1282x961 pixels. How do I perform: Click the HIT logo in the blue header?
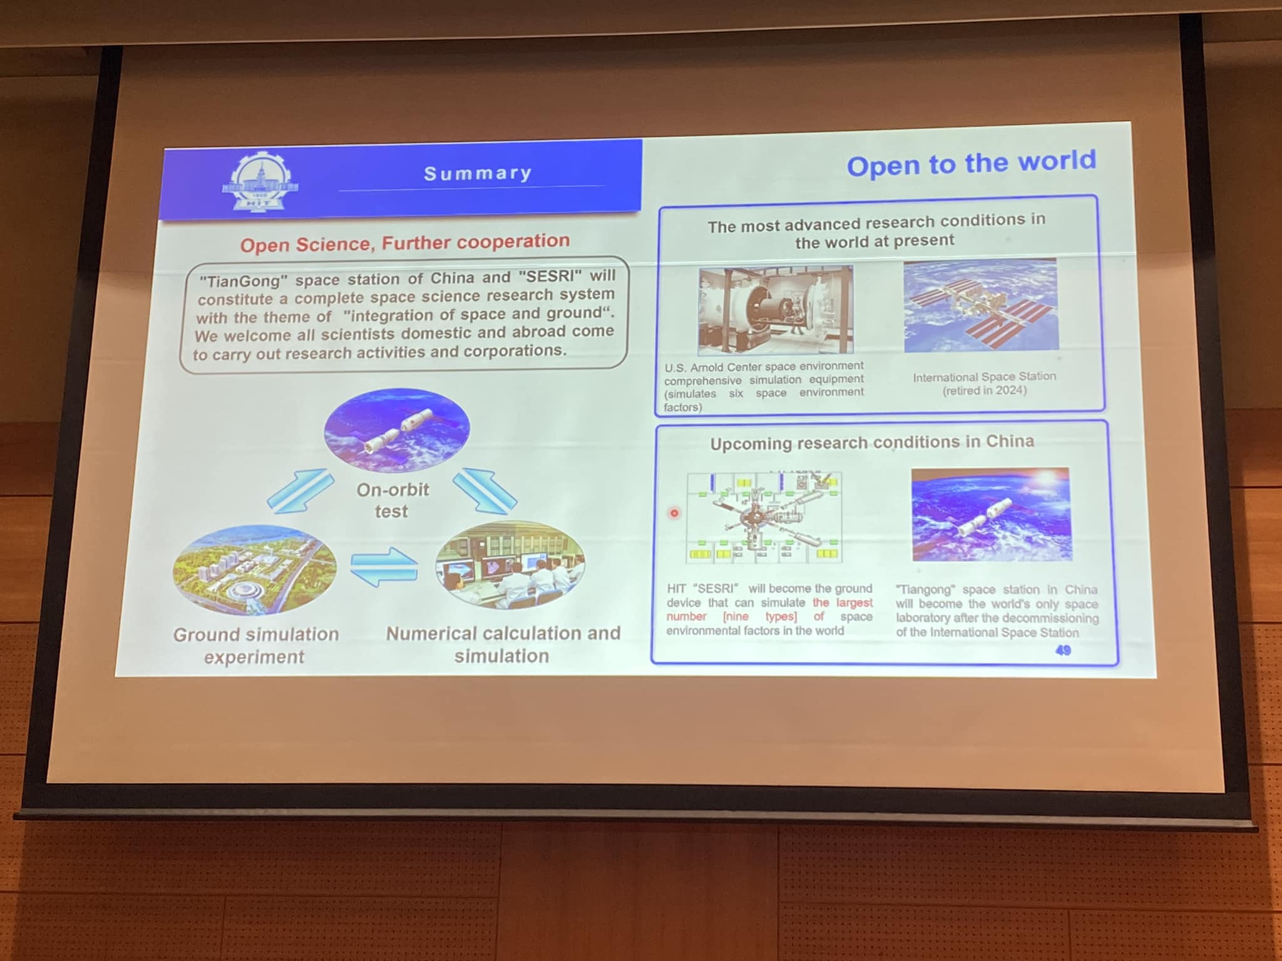tap(260, 183)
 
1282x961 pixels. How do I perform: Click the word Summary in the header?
tap(478, 173)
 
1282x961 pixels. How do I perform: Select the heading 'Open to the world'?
tap(972, 163)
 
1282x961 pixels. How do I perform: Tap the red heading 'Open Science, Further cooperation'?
tap(405, 243)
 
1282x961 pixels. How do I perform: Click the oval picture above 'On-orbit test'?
tap(397, 430)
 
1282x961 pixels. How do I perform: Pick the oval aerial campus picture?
tap(255, 570)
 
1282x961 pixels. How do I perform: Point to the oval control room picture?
tap(510, 565)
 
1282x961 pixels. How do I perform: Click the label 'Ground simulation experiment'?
tap(255, 646)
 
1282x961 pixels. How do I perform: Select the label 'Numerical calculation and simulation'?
tap(503, 644)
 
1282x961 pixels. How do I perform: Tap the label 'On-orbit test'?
tap(392, 501)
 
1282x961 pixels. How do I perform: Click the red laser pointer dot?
tap(674, 513)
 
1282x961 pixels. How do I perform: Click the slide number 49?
tap(1063, 651)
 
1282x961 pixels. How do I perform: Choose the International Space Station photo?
tap(981, 305)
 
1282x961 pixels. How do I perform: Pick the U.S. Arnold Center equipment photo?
tap(776, 310)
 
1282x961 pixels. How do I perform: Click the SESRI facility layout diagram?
tap(764, 517)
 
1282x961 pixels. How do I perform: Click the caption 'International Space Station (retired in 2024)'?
tap(985, 384)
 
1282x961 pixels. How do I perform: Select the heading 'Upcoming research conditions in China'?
tap(872, 442)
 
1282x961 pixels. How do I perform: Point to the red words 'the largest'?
tap(843, 603)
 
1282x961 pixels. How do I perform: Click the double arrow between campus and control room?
tap(384, 567)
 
